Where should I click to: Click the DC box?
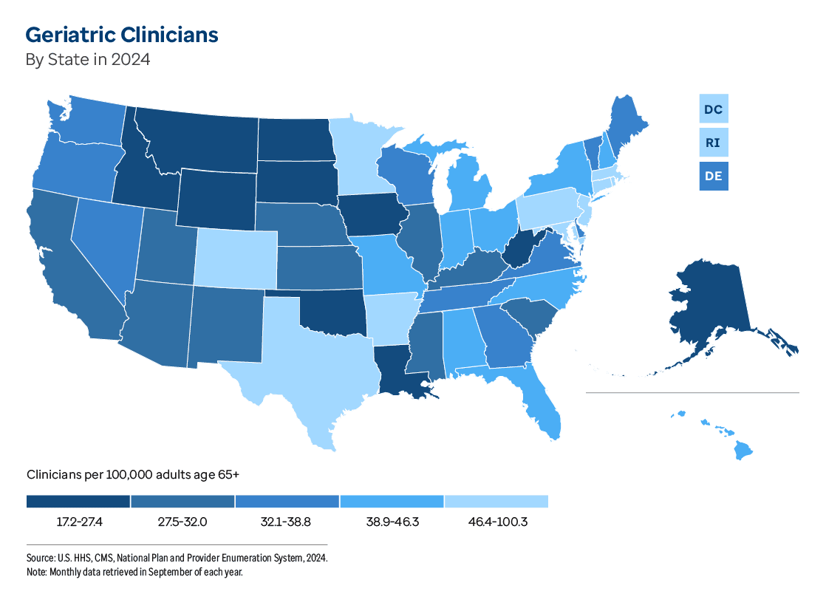coord(713,109)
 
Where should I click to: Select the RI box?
coord(713,143)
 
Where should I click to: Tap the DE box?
coord(713,177)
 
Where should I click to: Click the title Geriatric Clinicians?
coord(122,35)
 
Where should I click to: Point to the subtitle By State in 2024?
coord(88,60)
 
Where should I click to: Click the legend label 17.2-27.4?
coord(79,522)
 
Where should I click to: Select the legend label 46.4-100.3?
coord(496,522)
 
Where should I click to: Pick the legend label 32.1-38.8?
coord(287,522)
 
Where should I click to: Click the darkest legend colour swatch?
coord(78,502)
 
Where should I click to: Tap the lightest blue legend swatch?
coord(496,502)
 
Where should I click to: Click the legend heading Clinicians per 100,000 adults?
coord(133,475)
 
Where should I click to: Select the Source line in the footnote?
coord(177,558)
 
